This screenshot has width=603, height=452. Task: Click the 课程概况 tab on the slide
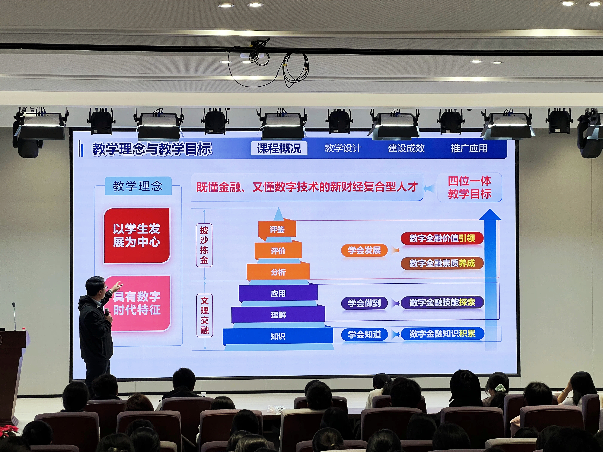[279, 148]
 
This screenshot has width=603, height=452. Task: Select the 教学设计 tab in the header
[343, 148]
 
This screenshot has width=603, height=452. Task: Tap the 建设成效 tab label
[406, 148]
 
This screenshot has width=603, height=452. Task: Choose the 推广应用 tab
[469, 148]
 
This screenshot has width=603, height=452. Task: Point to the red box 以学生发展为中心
[137, 236]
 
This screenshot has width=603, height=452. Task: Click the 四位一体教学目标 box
[469, 187]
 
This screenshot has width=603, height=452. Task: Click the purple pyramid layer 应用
[278, 293]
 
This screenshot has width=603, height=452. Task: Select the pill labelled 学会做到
[364, 303]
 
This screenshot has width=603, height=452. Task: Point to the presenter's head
[96, 287]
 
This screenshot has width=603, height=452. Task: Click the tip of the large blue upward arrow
[490, 209]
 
